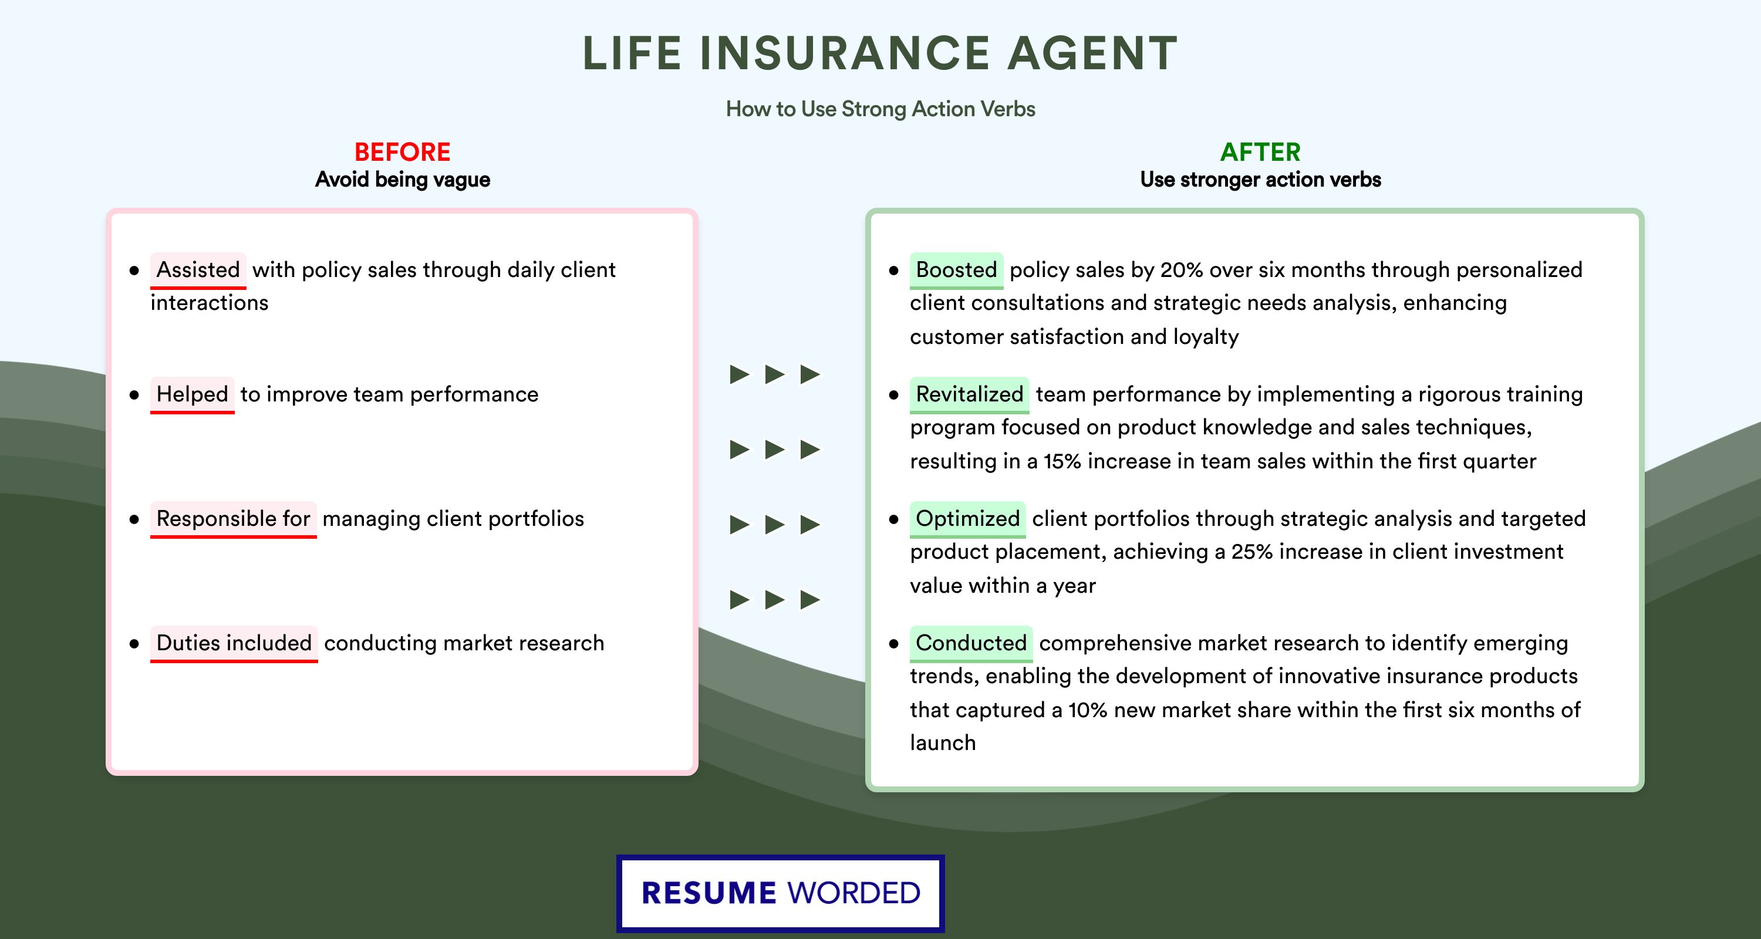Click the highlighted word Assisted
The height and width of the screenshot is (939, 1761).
pyautogui.click(x=198, y=270)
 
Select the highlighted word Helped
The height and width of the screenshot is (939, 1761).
pyautogui.click(x=192, y=394)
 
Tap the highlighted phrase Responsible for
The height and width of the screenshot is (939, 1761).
pyautogui.click(x=233, y=519)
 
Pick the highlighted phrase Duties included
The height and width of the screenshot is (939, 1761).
pyautogui.click(x=234, y=643)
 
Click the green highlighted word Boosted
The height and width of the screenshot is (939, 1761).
pyautogui.click(x=956, y=270)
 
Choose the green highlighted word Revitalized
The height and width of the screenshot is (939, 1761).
pyautogui.click(x=969, y=394)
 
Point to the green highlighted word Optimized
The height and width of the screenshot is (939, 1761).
pyautogui.click(x=967, y=519)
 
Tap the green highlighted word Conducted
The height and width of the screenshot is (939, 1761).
pyautogui.click(x=971, y=643)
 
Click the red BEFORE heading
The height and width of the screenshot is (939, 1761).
pyautogui.click(x=403, y=152)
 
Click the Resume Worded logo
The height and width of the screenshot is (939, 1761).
pyautogui.click(x=781, y=893)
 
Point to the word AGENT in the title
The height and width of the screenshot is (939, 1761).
pyautogui.click(x=1092, y=53)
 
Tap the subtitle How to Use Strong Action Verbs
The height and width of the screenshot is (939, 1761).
pyautogui.click(x=880, y=109)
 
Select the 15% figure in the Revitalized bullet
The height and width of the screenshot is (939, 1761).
pyautogui.click(x=1062, y=461)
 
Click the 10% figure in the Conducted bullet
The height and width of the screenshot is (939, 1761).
pyautogui.click(x=1088, y=710)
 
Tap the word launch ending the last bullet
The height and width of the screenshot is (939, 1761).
pyautogui.click(x=943, y=743)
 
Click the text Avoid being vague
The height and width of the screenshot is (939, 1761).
pyautogui.click(x=403, y=180)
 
